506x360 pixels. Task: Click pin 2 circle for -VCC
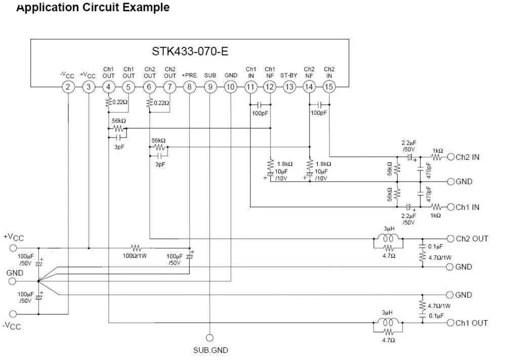(x=68, y=87)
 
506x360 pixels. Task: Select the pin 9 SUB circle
(x=210, y=87)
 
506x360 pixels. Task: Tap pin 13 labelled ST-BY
(x=289, y=87)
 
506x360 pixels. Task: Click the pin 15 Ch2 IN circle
(x=329, y=87)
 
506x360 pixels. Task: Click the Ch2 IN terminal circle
(x=451, y=157)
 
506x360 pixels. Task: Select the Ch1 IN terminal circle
(x=451, y=207)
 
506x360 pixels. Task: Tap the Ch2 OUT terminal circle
(x=451, y=238)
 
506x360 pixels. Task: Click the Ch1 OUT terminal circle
(x=451, y=323)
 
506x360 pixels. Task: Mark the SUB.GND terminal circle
(x=209, y=337)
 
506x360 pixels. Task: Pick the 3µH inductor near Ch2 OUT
(x=389, y=238)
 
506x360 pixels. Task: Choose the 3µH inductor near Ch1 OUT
(x=389, y=323)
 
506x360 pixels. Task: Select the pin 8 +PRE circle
(x=190, y=87)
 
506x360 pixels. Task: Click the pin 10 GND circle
(x=230, y=87)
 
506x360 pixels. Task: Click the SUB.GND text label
(x=210, y=350)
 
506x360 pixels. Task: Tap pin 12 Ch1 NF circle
(x=270, y=87)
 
